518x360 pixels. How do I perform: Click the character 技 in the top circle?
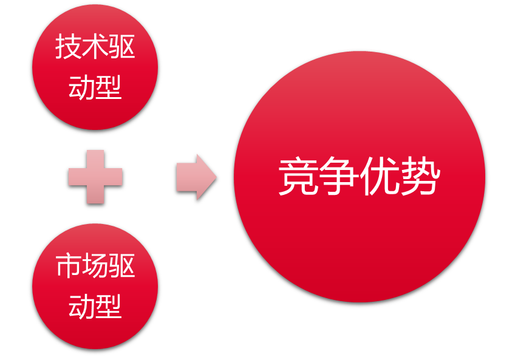[x=68, y=47]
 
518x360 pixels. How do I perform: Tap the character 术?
[x=95, y=47]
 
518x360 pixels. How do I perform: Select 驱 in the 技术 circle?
[x=122, y=47]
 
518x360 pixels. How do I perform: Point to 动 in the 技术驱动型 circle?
[x=81, y=87]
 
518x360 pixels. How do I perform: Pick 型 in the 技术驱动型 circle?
[x=109, y=87]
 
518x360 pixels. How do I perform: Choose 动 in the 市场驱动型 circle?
[x=81, y=306]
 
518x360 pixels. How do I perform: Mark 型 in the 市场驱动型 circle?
[x=109, y=306]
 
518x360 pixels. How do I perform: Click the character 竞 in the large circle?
[x=298, y=177]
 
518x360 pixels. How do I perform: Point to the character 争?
[x=339, y=177]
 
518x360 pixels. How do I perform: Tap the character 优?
[x=380, y=177]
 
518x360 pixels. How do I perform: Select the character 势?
[x=420, y=177]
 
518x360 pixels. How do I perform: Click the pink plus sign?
[x=95, y=177]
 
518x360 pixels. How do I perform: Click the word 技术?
[x=82, y=47]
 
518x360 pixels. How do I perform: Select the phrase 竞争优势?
[x=359, y=177]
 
